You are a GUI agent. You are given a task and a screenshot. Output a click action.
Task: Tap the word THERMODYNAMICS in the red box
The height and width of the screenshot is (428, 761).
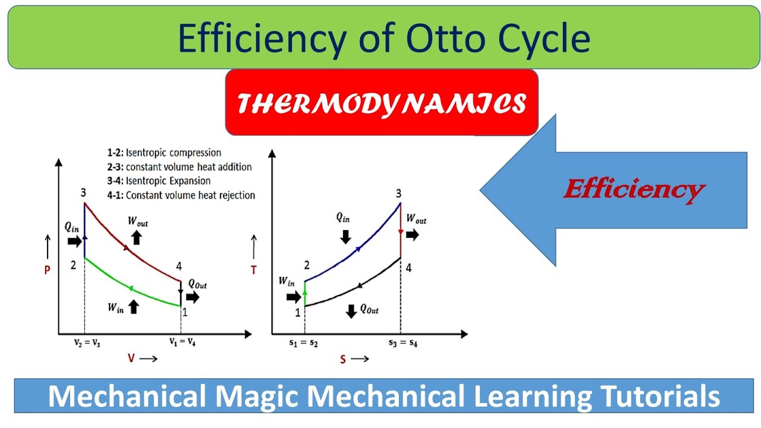pos(381,104)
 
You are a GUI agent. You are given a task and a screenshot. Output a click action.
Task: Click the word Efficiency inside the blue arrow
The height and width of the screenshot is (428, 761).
pos(633,190)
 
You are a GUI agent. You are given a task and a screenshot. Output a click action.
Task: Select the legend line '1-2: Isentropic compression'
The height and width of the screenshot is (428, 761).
pos(173,153)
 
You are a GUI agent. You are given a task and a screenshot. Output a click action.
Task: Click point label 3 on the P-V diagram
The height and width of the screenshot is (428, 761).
pos(84,193)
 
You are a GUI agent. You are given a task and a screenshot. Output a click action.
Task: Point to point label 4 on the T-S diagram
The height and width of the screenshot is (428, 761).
pos(408,268)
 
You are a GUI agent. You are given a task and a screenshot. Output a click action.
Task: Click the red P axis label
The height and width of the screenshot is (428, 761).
pos(47,270)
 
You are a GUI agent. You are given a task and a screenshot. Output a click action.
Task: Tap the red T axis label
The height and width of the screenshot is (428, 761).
pos(254,270)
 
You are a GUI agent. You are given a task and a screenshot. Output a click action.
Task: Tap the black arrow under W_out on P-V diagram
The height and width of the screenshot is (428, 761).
pos(136,237)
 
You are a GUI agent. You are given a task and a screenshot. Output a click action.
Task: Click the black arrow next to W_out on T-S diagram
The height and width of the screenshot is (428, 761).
pos(412,235)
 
